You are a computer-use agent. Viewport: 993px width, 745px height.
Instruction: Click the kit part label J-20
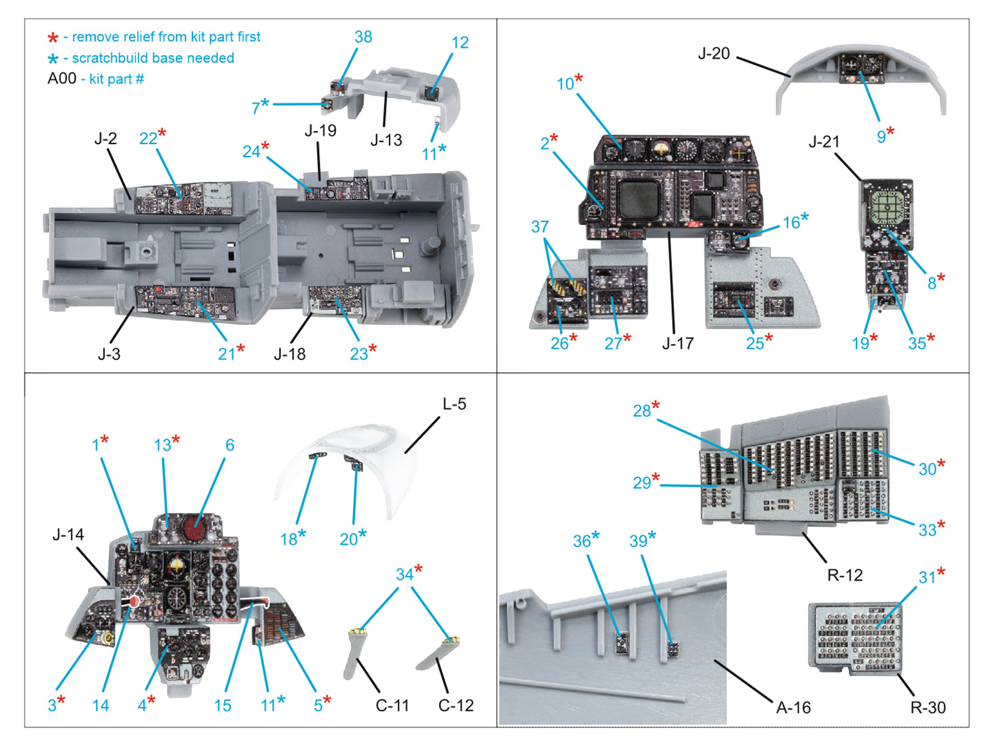714,54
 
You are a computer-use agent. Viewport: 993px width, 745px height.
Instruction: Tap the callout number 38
363,37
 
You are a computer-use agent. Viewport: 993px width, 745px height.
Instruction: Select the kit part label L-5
454,404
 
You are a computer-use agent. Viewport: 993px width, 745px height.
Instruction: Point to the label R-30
928,708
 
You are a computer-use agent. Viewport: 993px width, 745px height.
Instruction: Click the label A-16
793,708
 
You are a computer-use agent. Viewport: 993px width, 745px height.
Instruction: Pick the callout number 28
642,411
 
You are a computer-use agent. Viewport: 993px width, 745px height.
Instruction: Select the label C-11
392,706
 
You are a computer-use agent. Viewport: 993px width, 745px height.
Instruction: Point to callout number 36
582,541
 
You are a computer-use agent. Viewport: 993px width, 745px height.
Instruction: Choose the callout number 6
230,445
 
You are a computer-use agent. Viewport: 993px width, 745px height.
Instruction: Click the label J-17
678,343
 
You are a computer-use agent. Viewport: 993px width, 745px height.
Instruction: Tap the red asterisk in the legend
53,38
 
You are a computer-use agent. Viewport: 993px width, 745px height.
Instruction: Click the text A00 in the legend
62,79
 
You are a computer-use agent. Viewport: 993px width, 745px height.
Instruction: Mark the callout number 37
540,227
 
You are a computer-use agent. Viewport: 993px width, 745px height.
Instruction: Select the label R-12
845,576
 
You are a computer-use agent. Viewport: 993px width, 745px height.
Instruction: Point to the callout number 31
927,577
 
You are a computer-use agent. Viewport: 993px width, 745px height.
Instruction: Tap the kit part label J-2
106,138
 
